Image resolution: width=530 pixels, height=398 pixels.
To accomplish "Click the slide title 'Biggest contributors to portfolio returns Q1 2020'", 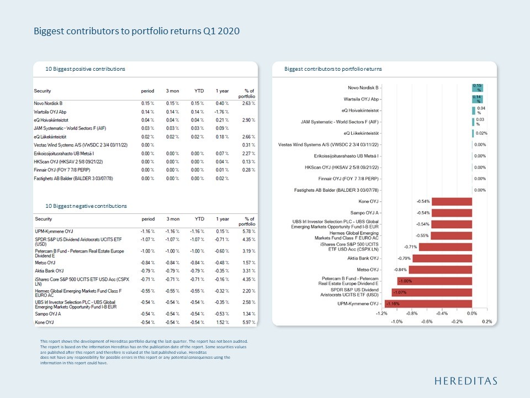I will coord(136,31).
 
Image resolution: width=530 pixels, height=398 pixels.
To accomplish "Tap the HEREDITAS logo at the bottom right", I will coord(465,381).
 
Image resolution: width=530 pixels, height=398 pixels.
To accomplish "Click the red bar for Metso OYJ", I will coord(441,269).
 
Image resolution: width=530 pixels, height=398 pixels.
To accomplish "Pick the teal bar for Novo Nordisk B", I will coord(477,87).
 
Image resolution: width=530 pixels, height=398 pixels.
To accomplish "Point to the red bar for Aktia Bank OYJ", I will coord(442,258).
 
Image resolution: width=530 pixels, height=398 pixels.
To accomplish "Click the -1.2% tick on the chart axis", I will coord(381,313).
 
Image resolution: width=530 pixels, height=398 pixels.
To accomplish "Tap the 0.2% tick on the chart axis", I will coord(486,321).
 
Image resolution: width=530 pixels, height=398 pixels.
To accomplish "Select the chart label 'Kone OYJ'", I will coord(369,201).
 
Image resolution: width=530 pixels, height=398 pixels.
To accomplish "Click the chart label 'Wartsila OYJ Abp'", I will coord(361,99).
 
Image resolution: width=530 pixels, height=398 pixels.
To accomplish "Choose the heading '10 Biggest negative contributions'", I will coord(86,206).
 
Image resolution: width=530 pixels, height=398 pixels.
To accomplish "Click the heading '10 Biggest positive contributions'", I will coord(85,69).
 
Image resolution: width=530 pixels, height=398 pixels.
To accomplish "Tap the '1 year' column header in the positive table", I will coord(223,91).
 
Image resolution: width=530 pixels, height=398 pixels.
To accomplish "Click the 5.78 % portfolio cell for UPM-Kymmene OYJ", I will coord(249,230).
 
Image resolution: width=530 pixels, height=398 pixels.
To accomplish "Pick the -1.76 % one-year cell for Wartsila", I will coord(222,112).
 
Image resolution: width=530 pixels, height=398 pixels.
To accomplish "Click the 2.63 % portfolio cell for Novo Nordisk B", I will coord(249,103).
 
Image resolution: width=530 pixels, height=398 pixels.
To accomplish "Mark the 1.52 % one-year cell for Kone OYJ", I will coord(223,321).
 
